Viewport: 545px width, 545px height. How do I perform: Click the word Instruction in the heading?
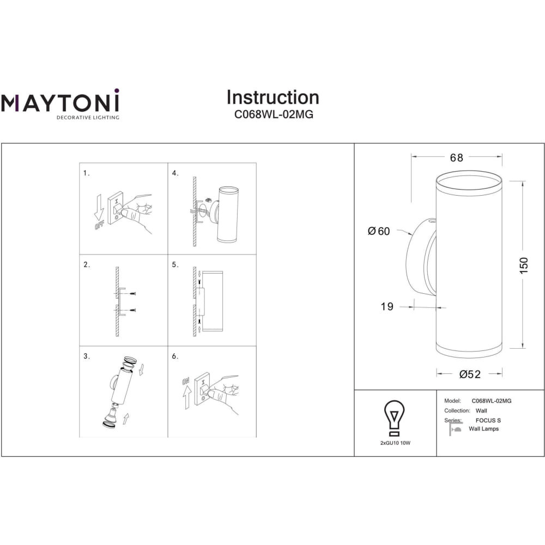coord(273,98)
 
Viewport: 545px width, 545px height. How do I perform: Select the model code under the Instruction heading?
coord(274,114)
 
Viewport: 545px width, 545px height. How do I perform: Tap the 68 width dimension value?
coord(456,158)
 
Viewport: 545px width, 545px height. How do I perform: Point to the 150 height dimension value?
coord(523,265)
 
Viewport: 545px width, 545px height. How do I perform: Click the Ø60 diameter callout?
coord(379,231)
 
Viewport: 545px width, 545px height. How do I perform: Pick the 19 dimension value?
coord(387,306)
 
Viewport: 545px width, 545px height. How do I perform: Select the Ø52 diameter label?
coord(470,374)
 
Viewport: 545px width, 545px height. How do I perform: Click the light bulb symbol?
coord(394,418)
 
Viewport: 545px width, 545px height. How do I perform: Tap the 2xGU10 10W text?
coord(395,443)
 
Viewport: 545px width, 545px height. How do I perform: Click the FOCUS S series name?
coord(488,420)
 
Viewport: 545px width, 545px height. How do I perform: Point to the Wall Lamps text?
coord(483,429)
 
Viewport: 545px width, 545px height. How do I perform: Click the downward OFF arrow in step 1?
coord(99,208)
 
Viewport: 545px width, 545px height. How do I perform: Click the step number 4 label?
coord(175,173)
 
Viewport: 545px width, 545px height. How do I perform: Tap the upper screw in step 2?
coord(132,294)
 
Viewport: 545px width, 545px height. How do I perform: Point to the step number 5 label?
coord(175,265)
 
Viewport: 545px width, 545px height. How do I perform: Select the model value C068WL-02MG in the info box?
coord(491,401)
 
